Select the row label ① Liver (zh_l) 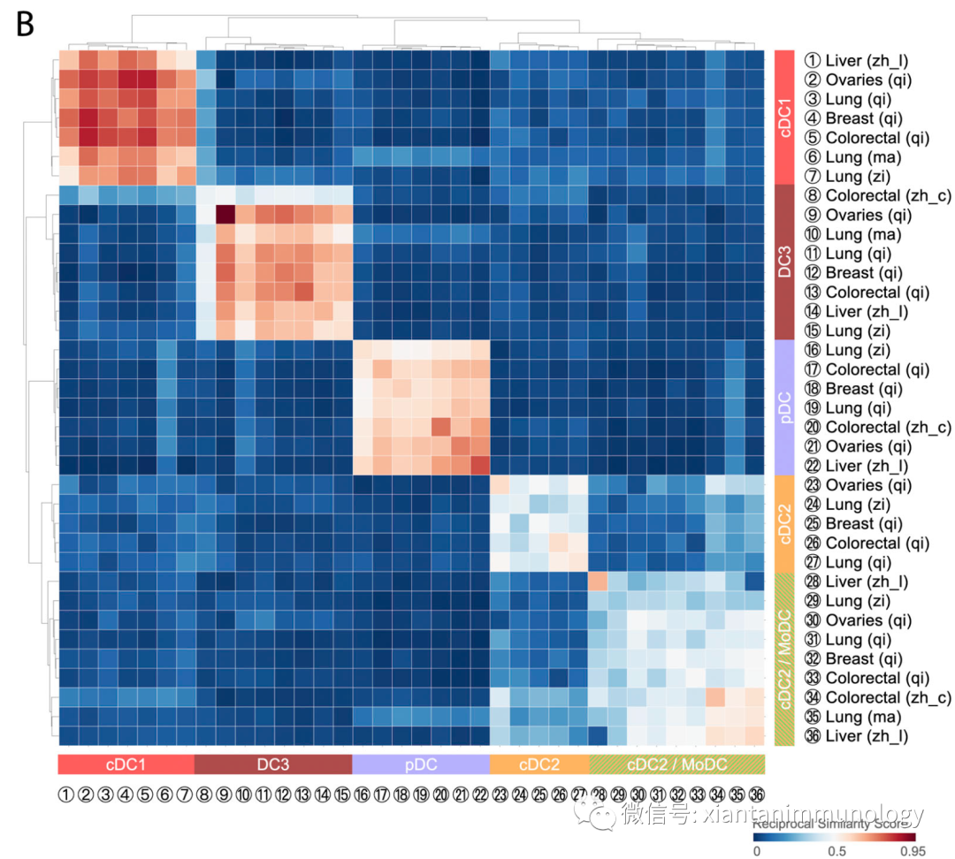856,61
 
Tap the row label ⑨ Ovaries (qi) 856,215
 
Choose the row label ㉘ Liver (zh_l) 856,582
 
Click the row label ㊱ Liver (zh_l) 856,736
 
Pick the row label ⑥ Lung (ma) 852,157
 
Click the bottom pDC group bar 421,764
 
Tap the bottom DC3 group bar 272,764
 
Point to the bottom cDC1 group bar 126,764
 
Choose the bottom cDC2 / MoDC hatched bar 676,764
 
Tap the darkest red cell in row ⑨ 225,215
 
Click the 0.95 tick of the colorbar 912,850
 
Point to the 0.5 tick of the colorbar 834,850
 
